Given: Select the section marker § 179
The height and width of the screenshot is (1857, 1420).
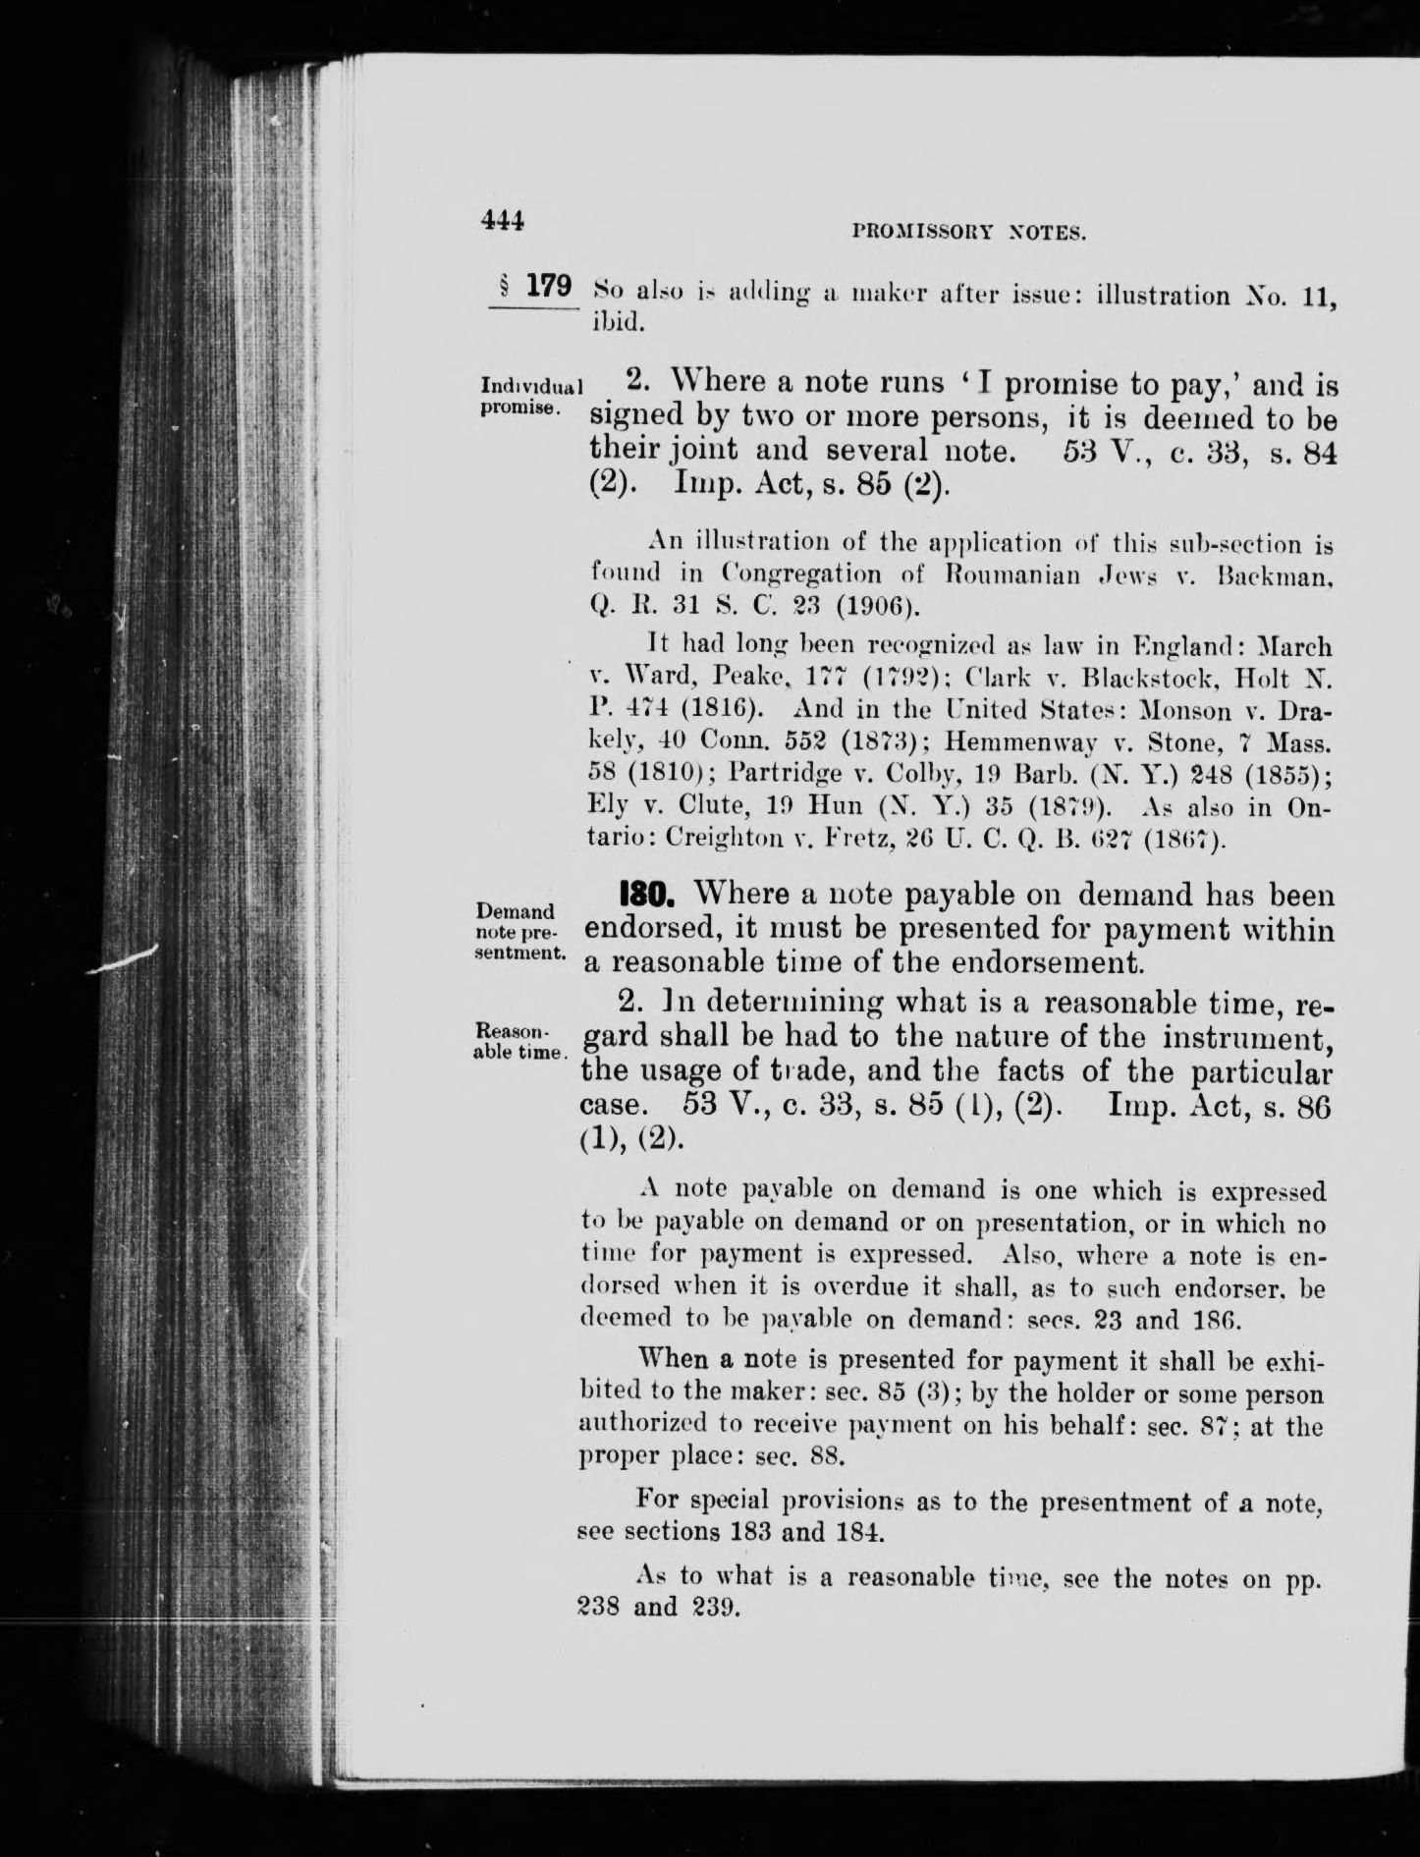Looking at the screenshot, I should pyautogui.click(x=535, y=287).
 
